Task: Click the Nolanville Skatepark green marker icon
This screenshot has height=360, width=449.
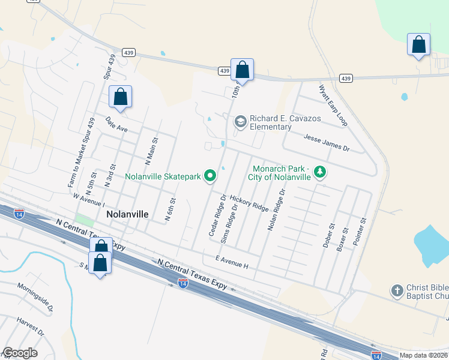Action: (x=210, y=176)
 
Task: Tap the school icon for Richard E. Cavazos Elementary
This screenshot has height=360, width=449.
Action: (x=241, y=122)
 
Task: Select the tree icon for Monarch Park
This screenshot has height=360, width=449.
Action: (x=321, y=173)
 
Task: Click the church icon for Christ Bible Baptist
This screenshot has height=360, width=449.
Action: (x=397, y=292)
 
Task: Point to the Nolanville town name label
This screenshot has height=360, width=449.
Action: (x=127, y=214)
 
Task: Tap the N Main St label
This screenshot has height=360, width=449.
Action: (x=151, y=151)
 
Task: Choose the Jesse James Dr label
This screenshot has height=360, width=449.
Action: (x=326, y=142)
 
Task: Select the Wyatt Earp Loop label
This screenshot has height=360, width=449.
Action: (x=333, y=105)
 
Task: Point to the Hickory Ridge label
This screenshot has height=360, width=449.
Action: (x=249, y=202)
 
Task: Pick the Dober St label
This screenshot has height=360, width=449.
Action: (x=330, y=238)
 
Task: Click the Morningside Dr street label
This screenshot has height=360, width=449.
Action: (x=35, y=298)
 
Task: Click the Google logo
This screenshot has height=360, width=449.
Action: (x=20, y=353)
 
